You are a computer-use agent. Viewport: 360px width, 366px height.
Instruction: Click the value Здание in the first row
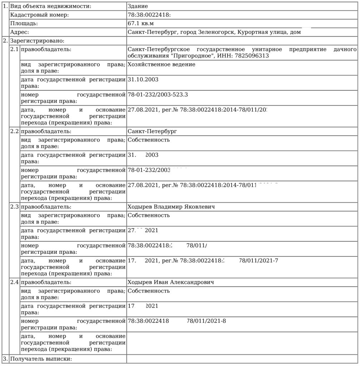(x=138, y=6)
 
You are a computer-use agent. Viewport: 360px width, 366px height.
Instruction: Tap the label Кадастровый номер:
(x=39, y=15)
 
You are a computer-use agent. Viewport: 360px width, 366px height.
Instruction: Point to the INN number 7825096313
(x=254, y=56)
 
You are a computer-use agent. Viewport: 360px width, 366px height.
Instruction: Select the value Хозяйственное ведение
(x=161, y=65)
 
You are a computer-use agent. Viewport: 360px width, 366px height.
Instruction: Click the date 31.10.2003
(x=143, y=79)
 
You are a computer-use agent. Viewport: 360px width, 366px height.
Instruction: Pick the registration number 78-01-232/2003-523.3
(x=158, y=94)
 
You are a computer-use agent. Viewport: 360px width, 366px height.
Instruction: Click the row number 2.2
(x=14, y=131)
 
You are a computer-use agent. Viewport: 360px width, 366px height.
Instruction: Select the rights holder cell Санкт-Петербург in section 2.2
(x=152, y=131)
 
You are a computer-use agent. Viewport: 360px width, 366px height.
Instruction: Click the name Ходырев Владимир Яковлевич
(x=171, y=207)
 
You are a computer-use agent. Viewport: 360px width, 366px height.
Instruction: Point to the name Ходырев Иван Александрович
(x=171, y=282)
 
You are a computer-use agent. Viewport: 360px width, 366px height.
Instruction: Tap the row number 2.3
(x=14, y=207)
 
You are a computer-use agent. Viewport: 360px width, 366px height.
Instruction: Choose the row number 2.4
(x=14, y=282)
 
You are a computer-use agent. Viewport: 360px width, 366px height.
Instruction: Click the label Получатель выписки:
(x=41, y=358)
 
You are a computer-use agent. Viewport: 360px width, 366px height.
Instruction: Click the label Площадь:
(x=24, y=24)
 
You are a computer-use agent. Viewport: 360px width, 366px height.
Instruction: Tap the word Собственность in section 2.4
(x=148, y=291)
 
